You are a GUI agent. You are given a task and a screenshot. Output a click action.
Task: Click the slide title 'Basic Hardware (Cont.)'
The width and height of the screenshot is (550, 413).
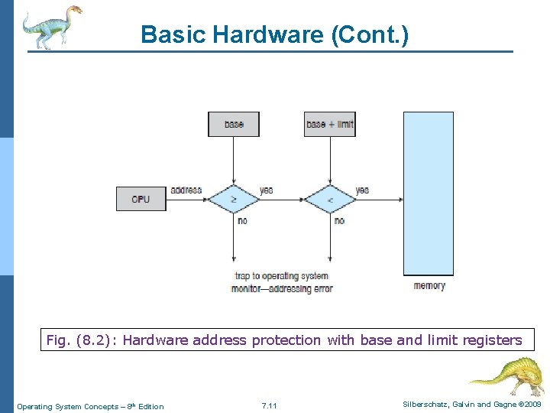[274, 34]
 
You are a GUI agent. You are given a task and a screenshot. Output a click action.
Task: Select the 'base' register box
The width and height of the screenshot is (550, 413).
[234, 124]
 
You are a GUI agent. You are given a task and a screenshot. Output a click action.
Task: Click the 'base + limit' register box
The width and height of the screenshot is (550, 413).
[329, 124]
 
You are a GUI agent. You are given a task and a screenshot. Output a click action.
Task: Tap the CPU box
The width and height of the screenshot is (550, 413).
[141, 199]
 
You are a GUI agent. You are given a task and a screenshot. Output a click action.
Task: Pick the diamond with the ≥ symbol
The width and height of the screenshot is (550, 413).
[234, 200]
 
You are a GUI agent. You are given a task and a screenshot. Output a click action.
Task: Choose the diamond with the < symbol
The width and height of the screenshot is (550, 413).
[329, 200]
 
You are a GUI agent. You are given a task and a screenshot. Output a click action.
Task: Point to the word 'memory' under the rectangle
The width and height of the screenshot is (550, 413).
[429, 286]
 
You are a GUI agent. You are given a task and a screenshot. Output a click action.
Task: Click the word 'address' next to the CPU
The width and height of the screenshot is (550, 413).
[186, 190]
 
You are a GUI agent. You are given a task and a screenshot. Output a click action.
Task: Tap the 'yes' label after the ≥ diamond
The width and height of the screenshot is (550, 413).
[266, 190]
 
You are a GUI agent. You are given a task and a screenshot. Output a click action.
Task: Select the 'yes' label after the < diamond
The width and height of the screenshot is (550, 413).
[362, 190]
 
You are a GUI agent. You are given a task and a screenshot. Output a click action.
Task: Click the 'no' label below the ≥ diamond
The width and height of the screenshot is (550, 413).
[242, 220]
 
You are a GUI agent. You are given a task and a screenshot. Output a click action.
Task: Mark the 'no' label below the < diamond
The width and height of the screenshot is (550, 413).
[338, 220]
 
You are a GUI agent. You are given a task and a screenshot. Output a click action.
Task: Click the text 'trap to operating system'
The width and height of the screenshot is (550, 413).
[281, 276]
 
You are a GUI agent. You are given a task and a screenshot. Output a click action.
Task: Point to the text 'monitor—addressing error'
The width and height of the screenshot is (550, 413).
[281, 288]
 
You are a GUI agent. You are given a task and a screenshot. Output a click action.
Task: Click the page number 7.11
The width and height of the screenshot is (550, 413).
[269, 405]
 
